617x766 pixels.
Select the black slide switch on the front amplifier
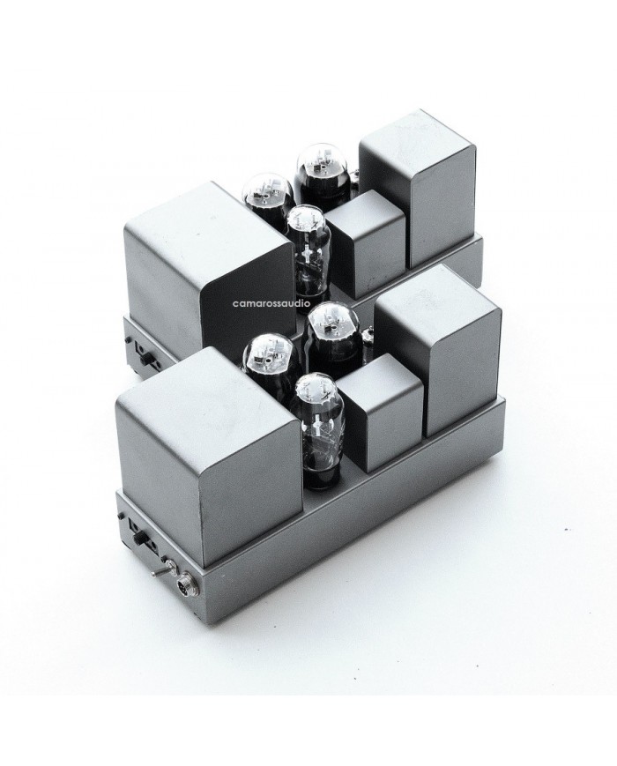click(x=140, y=539)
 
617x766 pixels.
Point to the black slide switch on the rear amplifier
click(x=145, y=358)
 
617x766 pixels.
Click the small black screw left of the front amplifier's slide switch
click(x=120, y=516)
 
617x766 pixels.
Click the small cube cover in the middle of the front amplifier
click(x=380, y=412)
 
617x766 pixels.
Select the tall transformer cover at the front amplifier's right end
click(x=439, y=362)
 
